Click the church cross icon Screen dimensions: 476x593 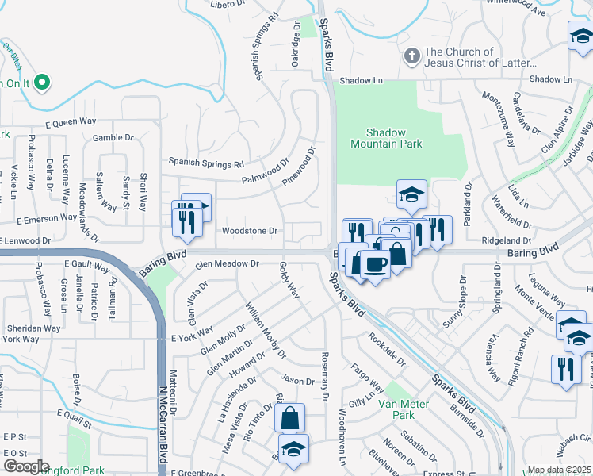point(411,56)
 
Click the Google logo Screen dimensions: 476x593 point(25,466)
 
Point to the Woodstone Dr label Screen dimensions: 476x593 point(249,231)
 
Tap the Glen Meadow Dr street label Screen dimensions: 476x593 point(228,263)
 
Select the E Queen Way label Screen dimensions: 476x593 point(70,122)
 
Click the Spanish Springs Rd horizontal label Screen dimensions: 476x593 point(205,164)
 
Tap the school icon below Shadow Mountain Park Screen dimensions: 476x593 point(411,193)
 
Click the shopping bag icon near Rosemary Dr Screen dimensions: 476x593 point(290,416)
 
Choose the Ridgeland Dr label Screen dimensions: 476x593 point(505,240)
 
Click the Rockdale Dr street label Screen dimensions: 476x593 point(386,348)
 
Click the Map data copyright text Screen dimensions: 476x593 point(560,470)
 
